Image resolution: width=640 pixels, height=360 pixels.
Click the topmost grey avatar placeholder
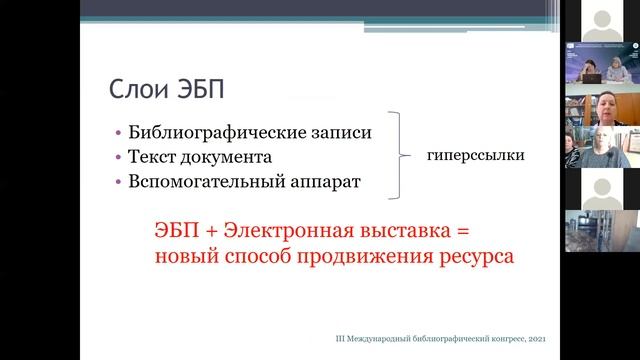[x=601, y=19]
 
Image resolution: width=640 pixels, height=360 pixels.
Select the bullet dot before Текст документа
[x=119, y=158]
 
